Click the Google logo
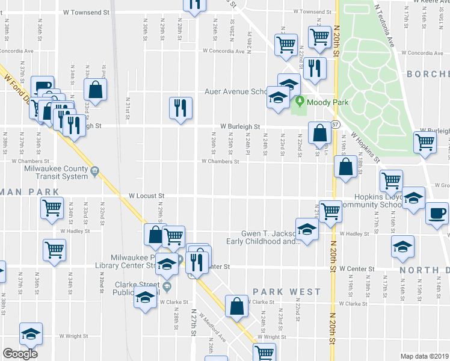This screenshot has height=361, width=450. (x=20, y=354)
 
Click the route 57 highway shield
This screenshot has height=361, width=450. (x=334, y=123)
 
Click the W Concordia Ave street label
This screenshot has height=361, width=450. (x=223, y=51)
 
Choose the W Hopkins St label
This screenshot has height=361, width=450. (x=365, y=146)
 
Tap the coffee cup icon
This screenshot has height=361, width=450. (x=437, y=214)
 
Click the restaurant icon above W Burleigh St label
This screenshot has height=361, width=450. (x=179, y=108)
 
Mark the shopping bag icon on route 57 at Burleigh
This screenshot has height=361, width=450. (x=319, y=132)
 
